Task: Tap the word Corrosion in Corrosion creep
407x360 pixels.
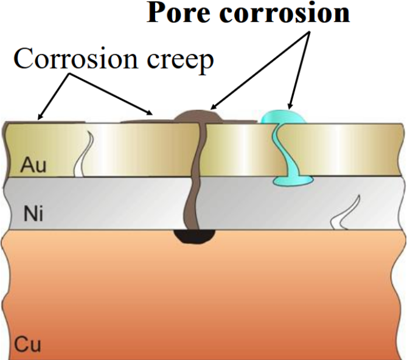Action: tap(75, 59)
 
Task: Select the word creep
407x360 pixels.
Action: tap(181, 62)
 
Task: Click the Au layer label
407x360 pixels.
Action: tap(33, 165)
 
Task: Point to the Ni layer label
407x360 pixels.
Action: tap(33, 214)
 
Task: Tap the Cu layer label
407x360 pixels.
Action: tap(28, 344)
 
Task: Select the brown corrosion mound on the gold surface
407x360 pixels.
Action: tap(198, 117)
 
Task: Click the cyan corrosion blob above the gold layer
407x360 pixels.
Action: tap(284, 117)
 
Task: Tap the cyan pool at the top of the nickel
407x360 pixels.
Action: tap(293, 181)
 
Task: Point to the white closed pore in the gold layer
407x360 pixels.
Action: tap(83, 154)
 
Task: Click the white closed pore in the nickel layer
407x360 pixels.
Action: tap(346, 213)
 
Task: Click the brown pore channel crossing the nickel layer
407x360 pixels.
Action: tap(192, 204)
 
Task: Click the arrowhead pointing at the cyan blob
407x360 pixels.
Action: tap(290, 106)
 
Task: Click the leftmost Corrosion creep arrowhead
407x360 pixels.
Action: tap(41, 116)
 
